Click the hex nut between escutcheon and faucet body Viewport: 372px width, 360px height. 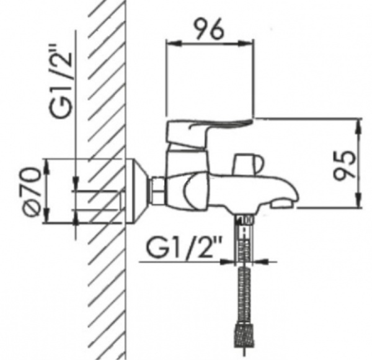pyautogui.click(x=158, y=190)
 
